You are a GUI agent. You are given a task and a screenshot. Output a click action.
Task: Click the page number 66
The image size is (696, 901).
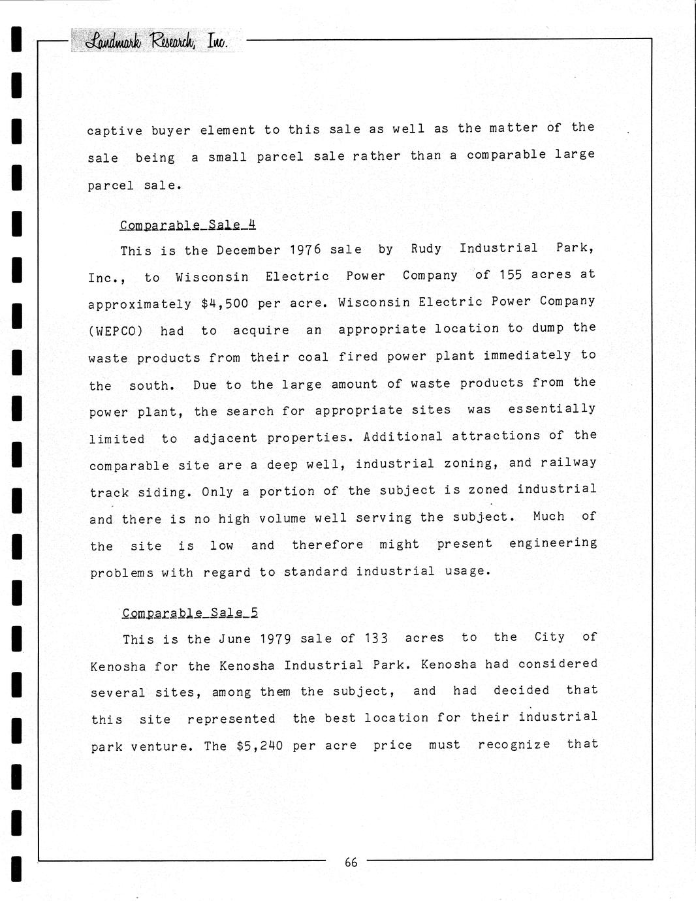351,862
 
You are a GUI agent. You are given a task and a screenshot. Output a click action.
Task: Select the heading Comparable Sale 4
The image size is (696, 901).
188,225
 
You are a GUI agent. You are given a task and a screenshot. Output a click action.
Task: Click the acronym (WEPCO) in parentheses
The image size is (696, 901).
116,331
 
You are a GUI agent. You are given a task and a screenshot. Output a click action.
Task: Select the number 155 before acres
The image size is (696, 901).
511,275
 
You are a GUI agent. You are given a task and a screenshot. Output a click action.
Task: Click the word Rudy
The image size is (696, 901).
426,249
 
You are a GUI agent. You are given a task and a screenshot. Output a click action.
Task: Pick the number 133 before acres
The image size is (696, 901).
377,639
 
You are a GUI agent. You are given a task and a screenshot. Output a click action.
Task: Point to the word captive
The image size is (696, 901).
115,131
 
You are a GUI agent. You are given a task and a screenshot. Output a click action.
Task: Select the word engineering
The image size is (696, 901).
553,543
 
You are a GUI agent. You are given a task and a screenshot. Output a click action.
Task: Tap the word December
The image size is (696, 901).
249,250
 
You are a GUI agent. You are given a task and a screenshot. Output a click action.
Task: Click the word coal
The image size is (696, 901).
313,357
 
